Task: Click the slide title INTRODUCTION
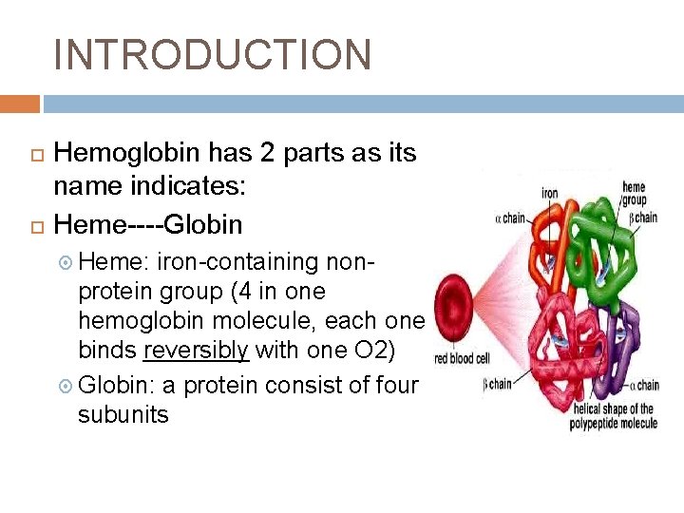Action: [213, 54]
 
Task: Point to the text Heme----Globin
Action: [148, 224]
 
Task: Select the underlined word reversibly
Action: [196, 350]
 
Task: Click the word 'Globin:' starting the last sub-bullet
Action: [117, 385]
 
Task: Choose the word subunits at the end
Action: [123, 414]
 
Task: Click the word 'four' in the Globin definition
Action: [397, 385]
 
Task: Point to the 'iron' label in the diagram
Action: [550, 193]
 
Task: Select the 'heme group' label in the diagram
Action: [634, 194]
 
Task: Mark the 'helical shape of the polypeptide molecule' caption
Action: [613, 416]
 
